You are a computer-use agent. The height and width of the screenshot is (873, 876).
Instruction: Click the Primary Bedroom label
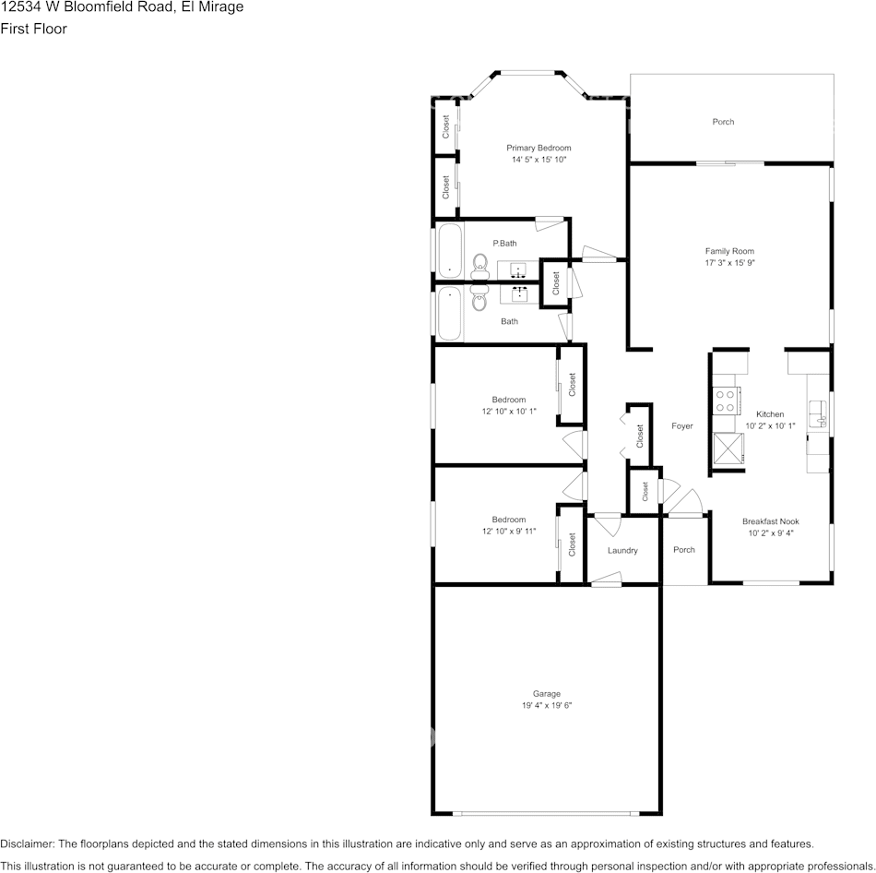click(539, 148)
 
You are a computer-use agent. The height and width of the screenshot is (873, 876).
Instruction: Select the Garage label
click(546, 694)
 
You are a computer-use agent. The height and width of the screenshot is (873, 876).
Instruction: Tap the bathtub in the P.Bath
click(450, 249)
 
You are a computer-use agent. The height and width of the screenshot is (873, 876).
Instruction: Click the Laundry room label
click(622, 551)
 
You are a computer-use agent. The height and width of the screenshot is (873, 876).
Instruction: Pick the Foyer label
click(681, 426)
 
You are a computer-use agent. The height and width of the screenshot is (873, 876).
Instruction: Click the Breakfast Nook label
click(770, 521)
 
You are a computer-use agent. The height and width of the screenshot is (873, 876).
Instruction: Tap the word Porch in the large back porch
click(723, 122)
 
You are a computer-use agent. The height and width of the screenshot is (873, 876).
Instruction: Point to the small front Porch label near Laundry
click(683, 550)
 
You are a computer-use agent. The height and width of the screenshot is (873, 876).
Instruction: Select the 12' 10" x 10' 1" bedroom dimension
click(508, 412)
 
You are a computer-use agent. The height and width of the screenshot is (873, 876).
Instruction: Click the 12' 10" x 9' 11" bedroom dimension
click(508, 532)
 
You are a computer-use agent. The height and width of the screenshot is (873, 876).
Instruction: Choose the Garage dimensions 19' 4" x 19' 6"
click(546, 706)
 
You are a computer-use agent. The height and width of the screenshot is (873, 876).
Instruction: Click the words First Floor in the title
click(33, 29)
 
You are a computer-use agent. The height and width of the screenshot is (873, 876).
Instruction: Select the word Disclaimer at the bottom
click(27, 843)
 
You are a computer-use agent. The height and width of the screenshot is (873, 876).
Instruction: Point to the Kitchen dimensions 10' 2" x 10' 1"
click(770, 426)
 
